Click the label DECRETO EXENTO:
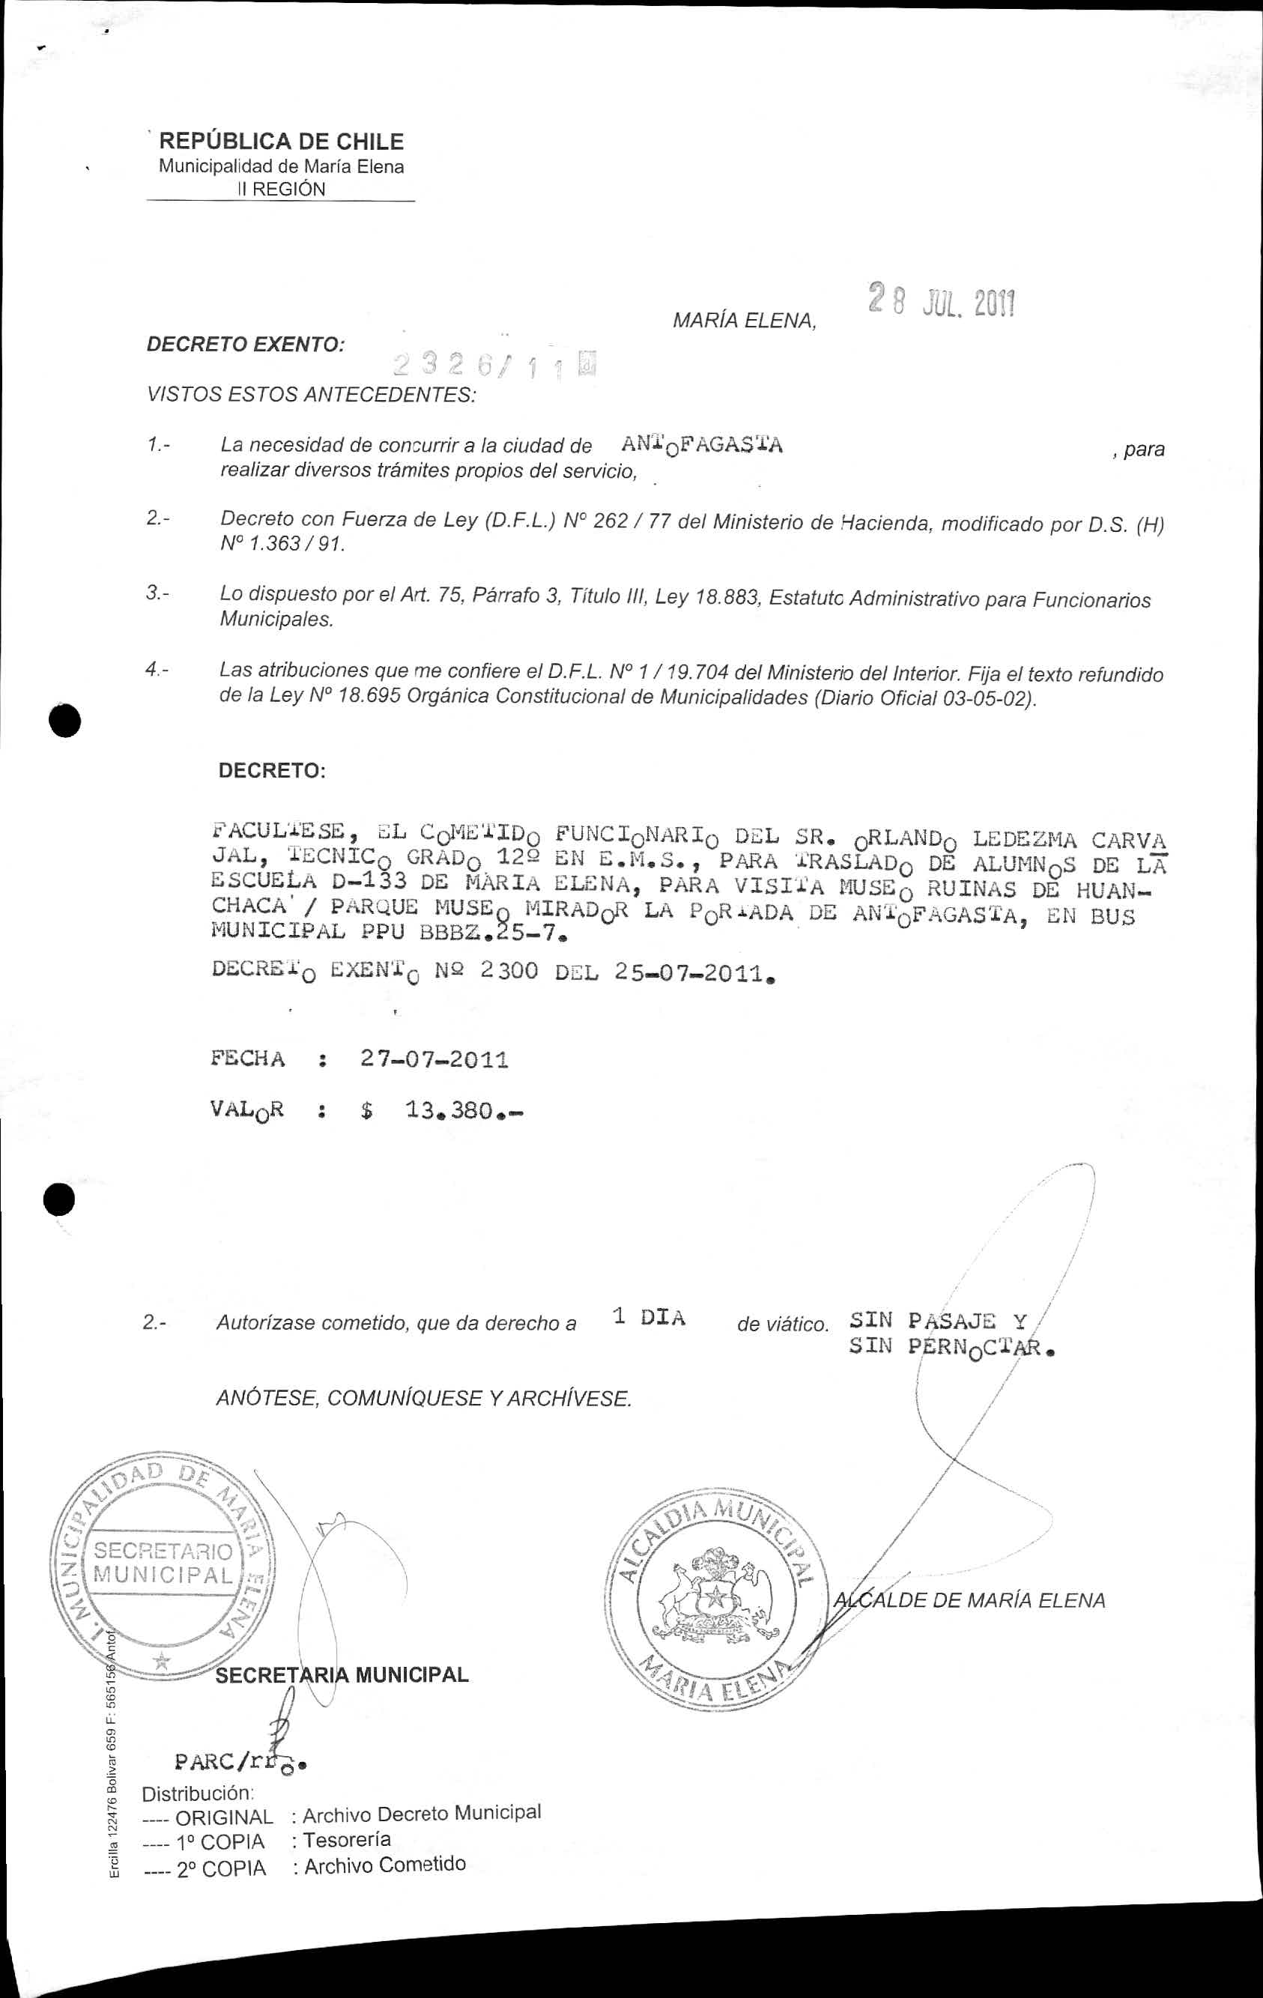pyautogui.click(x=246, y=345)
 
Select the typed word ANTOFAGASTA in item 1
pyautogui.click(x=701, y=446)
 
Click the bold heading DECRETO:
pyautogui.click(x=271, y=770)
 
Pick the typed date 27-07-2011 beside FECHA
pyautogui.click(x=434, y=1059)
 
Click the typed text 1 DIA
pyautogui.click(x=648, y=1319)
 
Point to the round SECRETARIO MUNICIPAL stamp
pyautogui.click(x=163, y=1563)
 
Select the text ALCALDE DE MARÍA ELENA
pyautogui.click(x=969, y=1599)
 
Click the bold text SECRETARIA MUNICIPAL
pyautogui.click(x=342, y=1674)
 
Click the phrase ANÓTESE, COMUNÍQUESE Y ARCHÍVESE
pyautogui.click(x=423, y=1398)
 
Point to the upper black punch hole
pyautogui.click(x=64, y=719)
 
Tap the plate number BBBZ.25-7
pyautogui.click(x=493, y=933)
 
